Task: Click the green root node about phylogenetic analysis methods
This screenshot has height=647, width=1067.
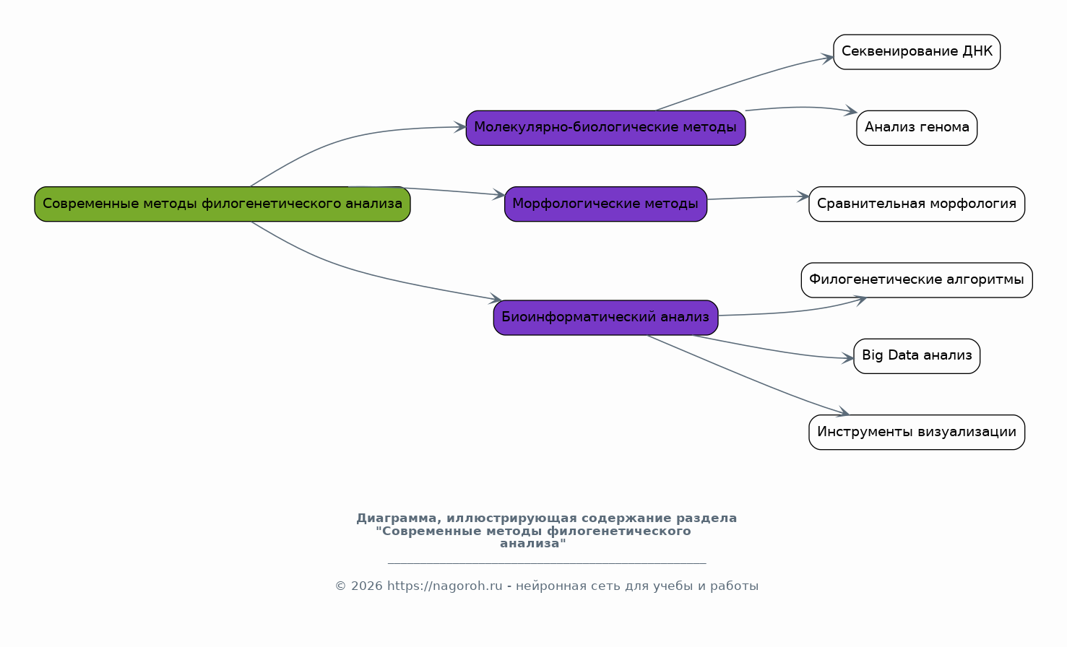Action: pyautogui.click(x=223, y=204)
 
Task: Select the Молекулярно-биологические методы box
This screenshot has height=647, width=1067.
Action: pyautogui.click(x=605, y=128)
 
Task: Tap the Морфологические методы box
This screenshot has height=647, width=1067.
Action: pyautogui.click(x=605, y=204)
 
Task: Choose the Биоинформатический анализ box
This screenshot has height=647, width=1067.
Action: pyautogui.click(x=605, y=318)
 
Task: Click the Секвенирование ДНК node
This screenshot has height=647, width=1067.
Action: pyautogui.click(x=917, y=52)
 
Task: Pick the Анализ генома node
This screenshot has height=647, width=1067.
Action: pyautogui.click(x=917, y=128)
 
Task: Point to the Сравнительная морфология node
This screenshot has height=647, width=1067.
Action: pyautogui.click(x=917, y=204)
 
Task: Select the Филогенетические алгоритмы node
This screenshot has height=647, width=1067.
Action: pyautogui.click(x=917, y=280)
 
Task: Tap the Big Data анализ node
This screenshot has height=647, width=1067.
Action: pyautogui.click(x=917, y=356)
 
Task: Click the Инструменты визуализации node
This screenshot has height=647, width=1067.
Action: pyautogui.click(x=917, y=433)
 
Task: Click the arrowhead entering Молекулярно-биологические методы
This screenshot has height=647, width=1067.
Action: pyautogui.click(x=459, y=126)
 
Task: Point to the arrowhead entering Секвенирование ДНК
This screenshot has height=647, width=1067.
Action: pyautogui.click(x=827, y=58)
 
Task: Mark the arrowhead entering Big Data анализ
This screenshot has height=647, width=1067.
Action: pyautogui.click(x=848, y=358)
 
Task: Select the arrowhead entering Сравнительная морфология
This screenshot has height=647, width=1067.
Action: pyautogui.click(x=803, y=196)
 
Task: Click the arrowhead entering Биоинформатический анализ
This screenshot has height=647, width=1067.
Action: pyautogui.click(x=496, y=298)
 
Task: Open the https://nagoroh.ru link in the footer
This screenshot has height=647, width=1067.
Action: pyautogui.click(x=444, y=586)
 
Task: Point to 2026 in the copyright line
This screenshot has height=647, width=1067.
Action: pyautogui.click(x=367, y=586)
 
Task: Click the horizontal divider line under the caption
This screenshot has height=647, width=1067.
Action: pyautogui.click(x=547, y=563)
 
